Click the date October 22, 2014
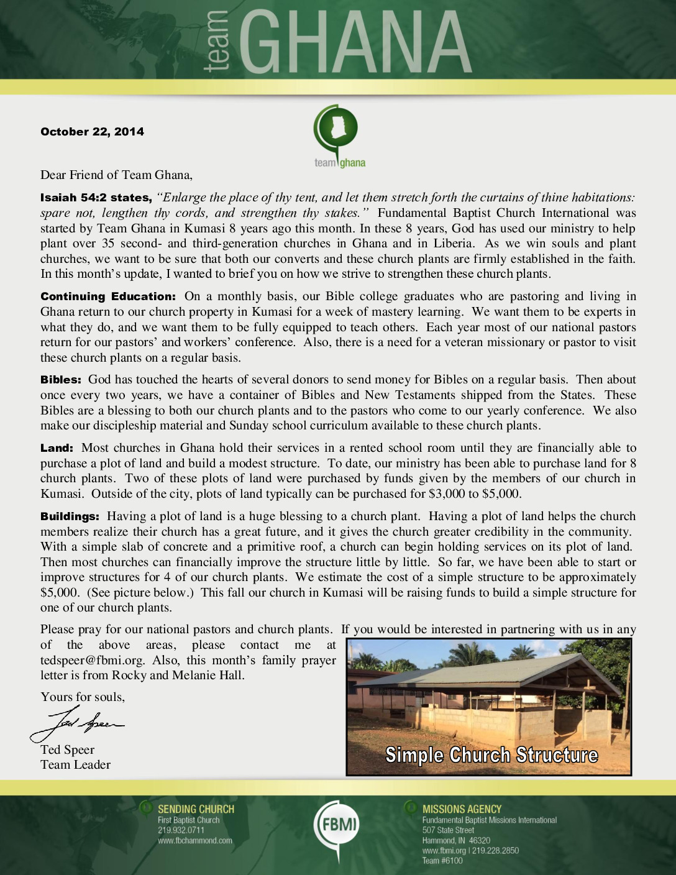pyautogui.click(x=92, y=132)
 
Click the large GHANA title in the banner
pyautogui.click(x=354, y=44)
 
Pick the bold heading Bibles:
pyautogui.click(x=61, y=380)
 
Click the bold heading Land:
pyautogui.click(x=57, y=448)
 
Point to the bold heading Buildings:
pyautogui.click(x=70, y=516)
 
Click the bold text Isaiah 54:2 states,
pyautogui.click(x=96, y=198)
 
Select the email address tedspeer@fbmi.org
pyautogui.click(x=93, y=661)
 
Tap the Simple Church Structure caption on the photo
pyautogui.click(x=491, y=755)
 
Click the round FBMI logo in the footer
pyautogui.click(x=336, y=826)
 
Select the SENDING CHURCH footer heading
pyautogui.click(x=196, y=809)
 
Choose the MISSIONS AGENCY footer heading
pyautogui.click(x=462, y=809)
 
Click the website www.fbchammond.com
pyautogui.click(x=194, y=841)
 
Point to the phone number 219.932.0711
pyautogui.click(x=181, y=830)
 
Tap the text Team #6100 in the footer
pyautogui.click(x=442, y=861)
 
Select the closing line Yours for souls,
pyautogui.click(x=83, y=697)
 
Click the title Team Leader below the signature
pyautogui.click(x=75, y=765)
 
